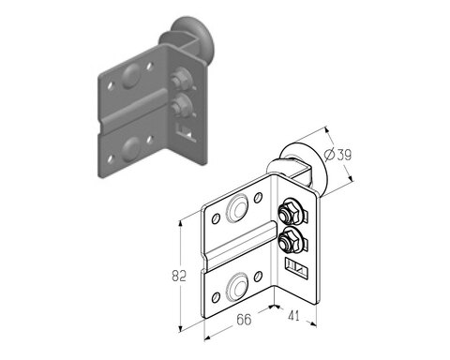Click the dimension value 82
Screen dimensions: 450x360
point(179,276)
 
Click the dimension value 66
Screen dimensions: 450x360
point(244,320)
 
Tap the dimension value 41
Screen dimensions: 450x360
point(293,316)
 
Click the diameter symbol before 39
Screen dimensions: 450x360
point(329,155)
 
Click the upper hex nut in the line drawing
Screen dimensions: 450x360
point(285,214)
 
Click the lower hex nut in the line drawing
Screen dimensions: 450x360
point(285,239)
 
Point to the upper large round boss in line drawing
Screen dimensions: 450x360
point(237,208)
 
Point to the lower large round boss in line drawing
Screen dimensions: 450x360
point(237,286)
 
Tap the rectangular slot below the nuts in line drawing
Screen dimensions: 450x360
point(295,267)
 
